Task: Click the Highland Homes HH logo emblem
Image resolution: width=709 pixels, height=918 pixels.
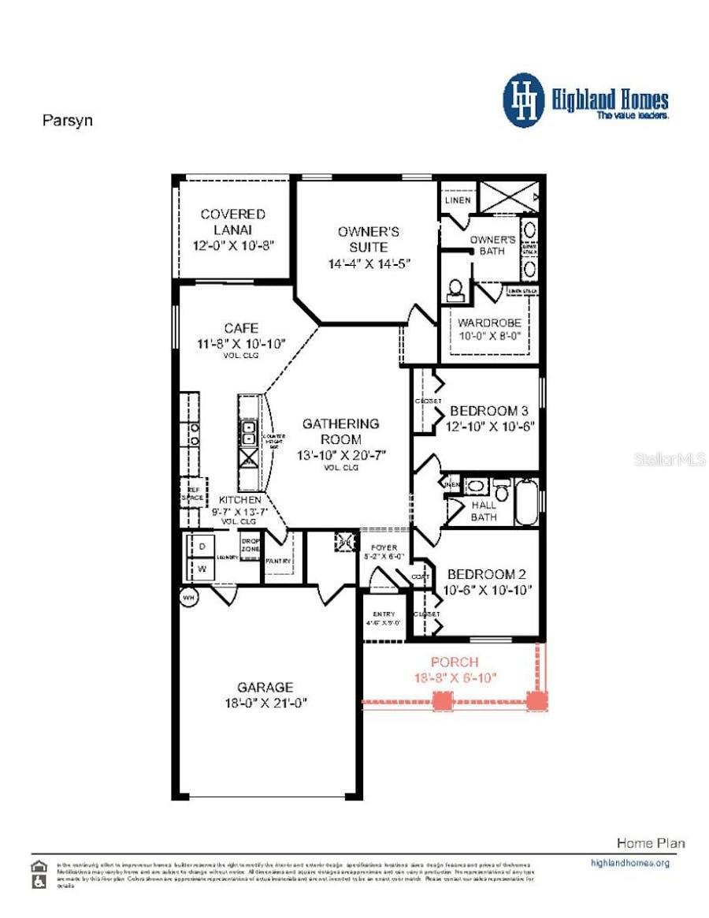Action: pos(524,100)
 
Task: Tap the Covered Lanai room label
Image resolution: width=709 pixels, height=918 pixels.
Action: pos(232,222)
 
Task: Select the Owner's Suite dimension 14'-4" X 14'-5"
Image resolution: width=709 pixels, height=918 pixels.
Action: pos(369,263)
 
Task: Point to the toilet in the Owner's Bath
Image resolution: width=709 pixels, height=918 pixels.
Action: pos(455,290)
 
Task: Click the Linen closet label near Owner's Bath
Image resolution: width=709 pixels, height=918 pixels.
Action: pos(458,200)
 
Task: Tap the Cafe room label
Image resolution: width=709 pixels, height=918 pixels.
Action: pos(240,328)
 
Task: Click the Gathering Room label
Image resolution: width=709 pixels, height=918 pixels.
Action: pos(341,431)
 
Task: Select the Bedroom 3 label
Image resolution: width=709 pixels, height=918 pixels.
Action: pos(488,411)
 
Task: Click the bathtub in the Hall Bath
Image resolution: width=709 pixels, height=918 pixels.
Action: pos(526,502)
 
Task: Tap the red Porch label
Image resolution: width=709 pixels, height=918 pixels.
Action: pos(455,662)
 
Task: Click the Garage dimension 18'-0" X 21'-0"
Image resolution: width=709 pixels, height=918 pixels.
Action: pos(265,703)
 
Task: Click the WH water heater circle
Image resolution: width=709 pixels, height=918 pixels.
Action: pos(189,597)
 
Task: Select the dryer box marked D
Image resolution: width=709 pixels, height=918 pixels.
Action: pos(202,547)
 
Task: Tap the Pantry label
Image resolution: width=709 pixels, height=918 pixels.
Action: pos(278,561)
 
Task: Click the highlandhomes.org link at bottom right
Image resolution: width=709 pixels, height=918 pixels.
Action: pos(629,863)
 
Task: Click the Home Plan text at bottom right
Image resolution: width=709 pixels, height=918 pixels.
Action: pos(650,843)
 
